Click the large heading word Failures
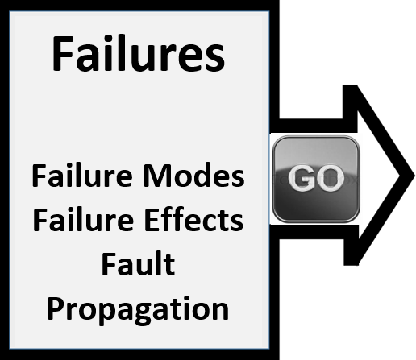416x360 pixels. tap(138, 53)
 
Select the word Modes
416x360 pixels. tap(193, 175)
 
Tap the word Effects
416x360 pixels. tap(193, 219)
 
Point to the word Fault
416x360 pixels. tap(138, 263)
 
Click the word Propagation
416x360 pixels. tap(138, 310)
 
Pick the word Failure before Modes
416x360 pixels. tap(82, 175)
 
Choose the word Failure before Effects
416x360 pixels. tap(83, 219)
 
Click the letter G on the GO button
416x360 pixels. tap(301, 179)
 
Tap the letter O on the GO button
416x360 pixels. tap(330, 179)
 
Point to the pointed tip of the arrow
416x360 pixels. tap(414, 176)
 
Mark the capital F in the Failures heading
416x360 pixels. tap(63, 53)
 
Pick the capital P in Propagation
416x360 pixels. tap(56, 308)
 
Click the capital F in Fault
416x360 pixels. tap(108, 263)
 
